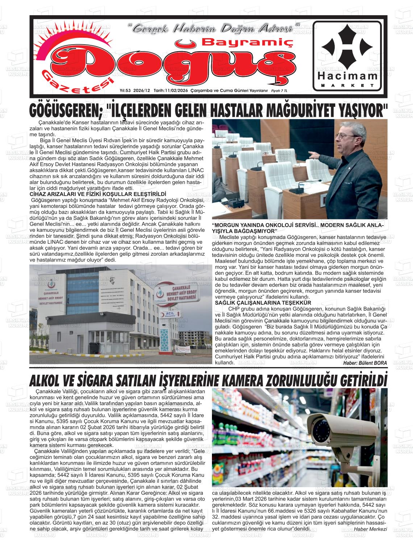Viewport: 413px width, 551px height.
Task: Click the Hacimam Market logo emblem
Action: point(347,47)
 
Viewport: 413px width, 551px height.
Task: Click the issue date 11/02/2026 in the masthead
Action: point(174,91)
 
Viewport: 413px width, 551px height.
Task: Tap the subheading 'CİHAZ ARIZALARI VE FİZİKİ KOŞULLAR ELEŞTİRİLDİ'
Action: point(97,194)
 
